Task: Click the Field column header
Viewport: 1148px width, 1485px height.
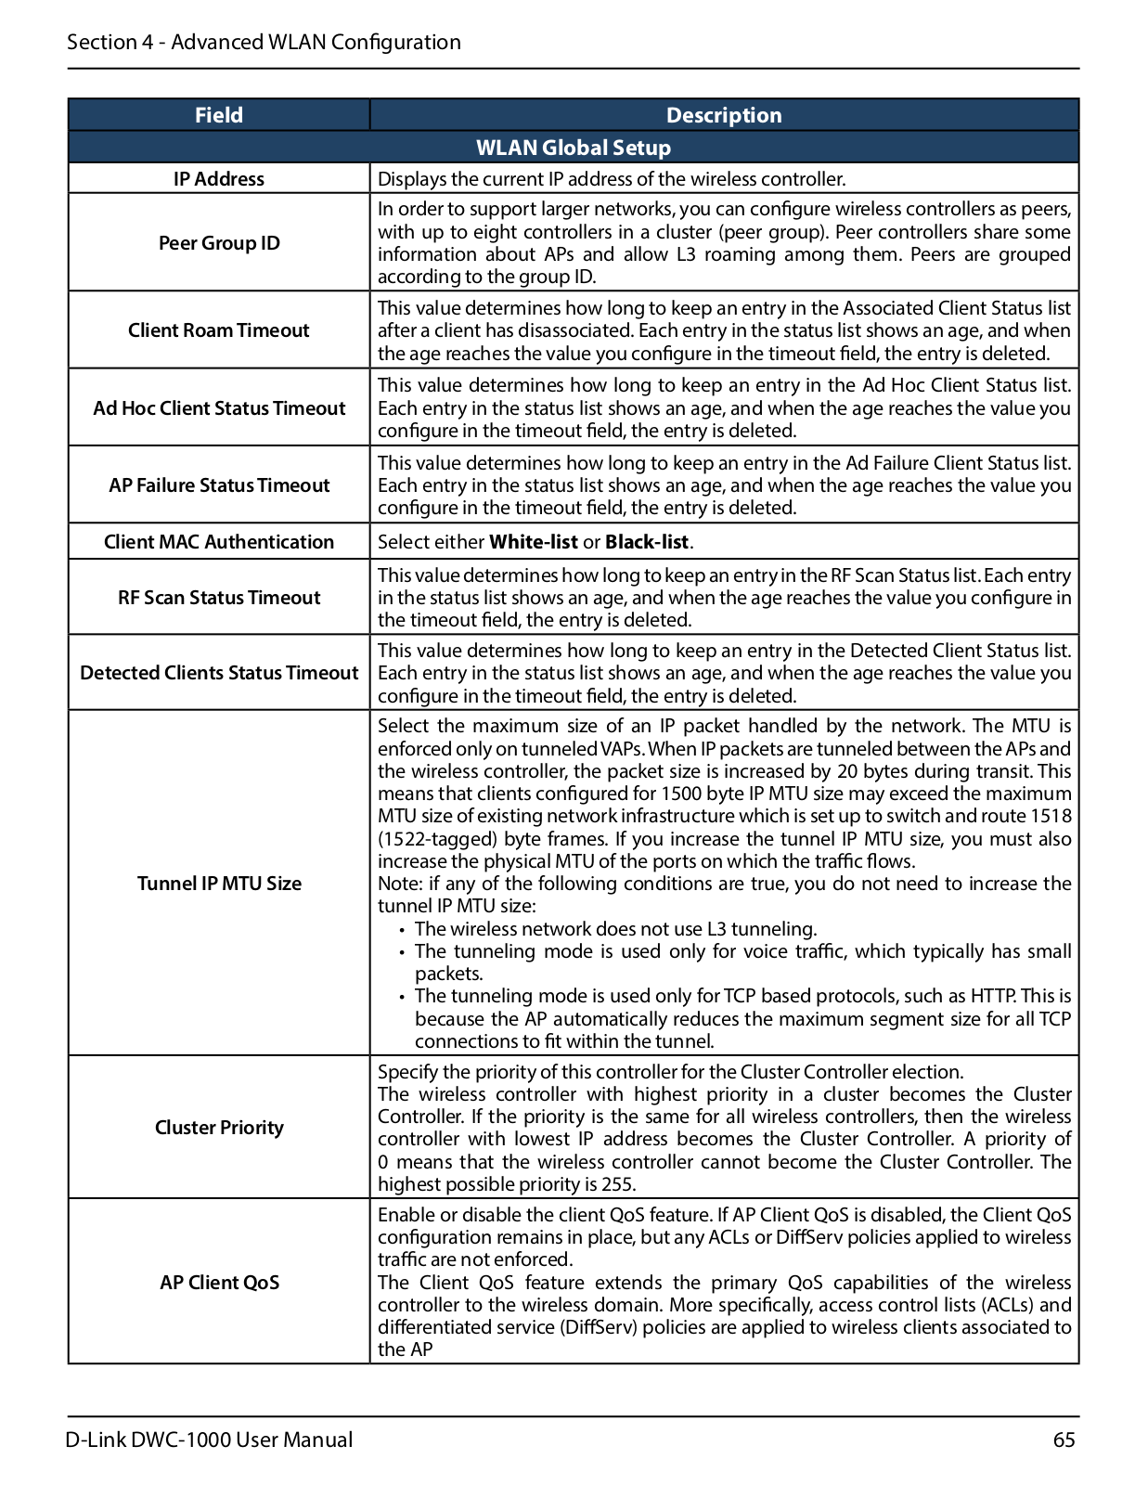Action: tap(219, 115)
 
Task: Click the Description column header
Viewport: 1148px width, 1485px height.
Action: tap(724, 115)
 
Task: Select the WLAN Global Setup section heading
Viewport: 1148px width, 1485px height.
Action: tap(573, 148)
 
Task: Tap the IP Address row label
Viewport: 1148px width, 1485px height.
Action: tap(219, 179)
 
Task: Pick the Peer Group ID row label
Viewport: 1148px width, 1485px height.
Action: tap(219, 243)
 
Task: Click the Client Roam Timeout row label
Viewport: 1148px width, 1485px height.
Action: tap(219, 330)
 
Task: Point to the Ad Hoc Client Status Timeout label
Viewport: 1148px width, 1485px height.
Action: tap(219, 408)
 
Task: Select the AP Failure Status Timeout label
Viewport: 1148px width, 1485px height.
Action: tap(219, 485)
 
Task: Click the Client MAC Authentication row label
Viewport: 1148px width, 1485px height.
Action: tap(219, 542)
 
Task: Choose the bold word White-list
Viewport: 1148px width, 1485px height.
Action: tap(534, 542)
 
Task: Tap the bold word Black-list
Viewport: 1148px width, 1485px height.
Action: tap(647, 542)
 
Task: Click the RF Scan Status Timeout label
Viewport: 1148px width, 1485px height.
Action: tap(219, 598)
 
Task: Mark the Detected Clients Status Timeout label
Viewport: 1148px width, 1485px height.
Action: tap(219, 673)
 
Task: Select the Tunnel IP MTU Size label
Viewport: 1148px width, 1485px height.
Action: tap(219, 884)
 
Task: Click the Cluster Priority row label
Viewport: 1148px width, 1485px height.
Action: tap(219, 1128)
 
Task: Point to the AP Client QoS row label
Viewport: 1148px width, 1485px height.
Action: tap(219, 1283)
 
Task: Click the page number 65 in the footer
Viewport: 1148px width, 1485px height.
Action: tap(1064, 1440)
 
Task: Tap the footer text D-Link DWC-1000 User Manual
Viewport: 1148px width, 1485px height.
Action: tap(210, 1440)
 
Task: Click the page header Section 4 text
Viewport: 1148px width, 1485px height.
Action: tap(264, 42)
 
